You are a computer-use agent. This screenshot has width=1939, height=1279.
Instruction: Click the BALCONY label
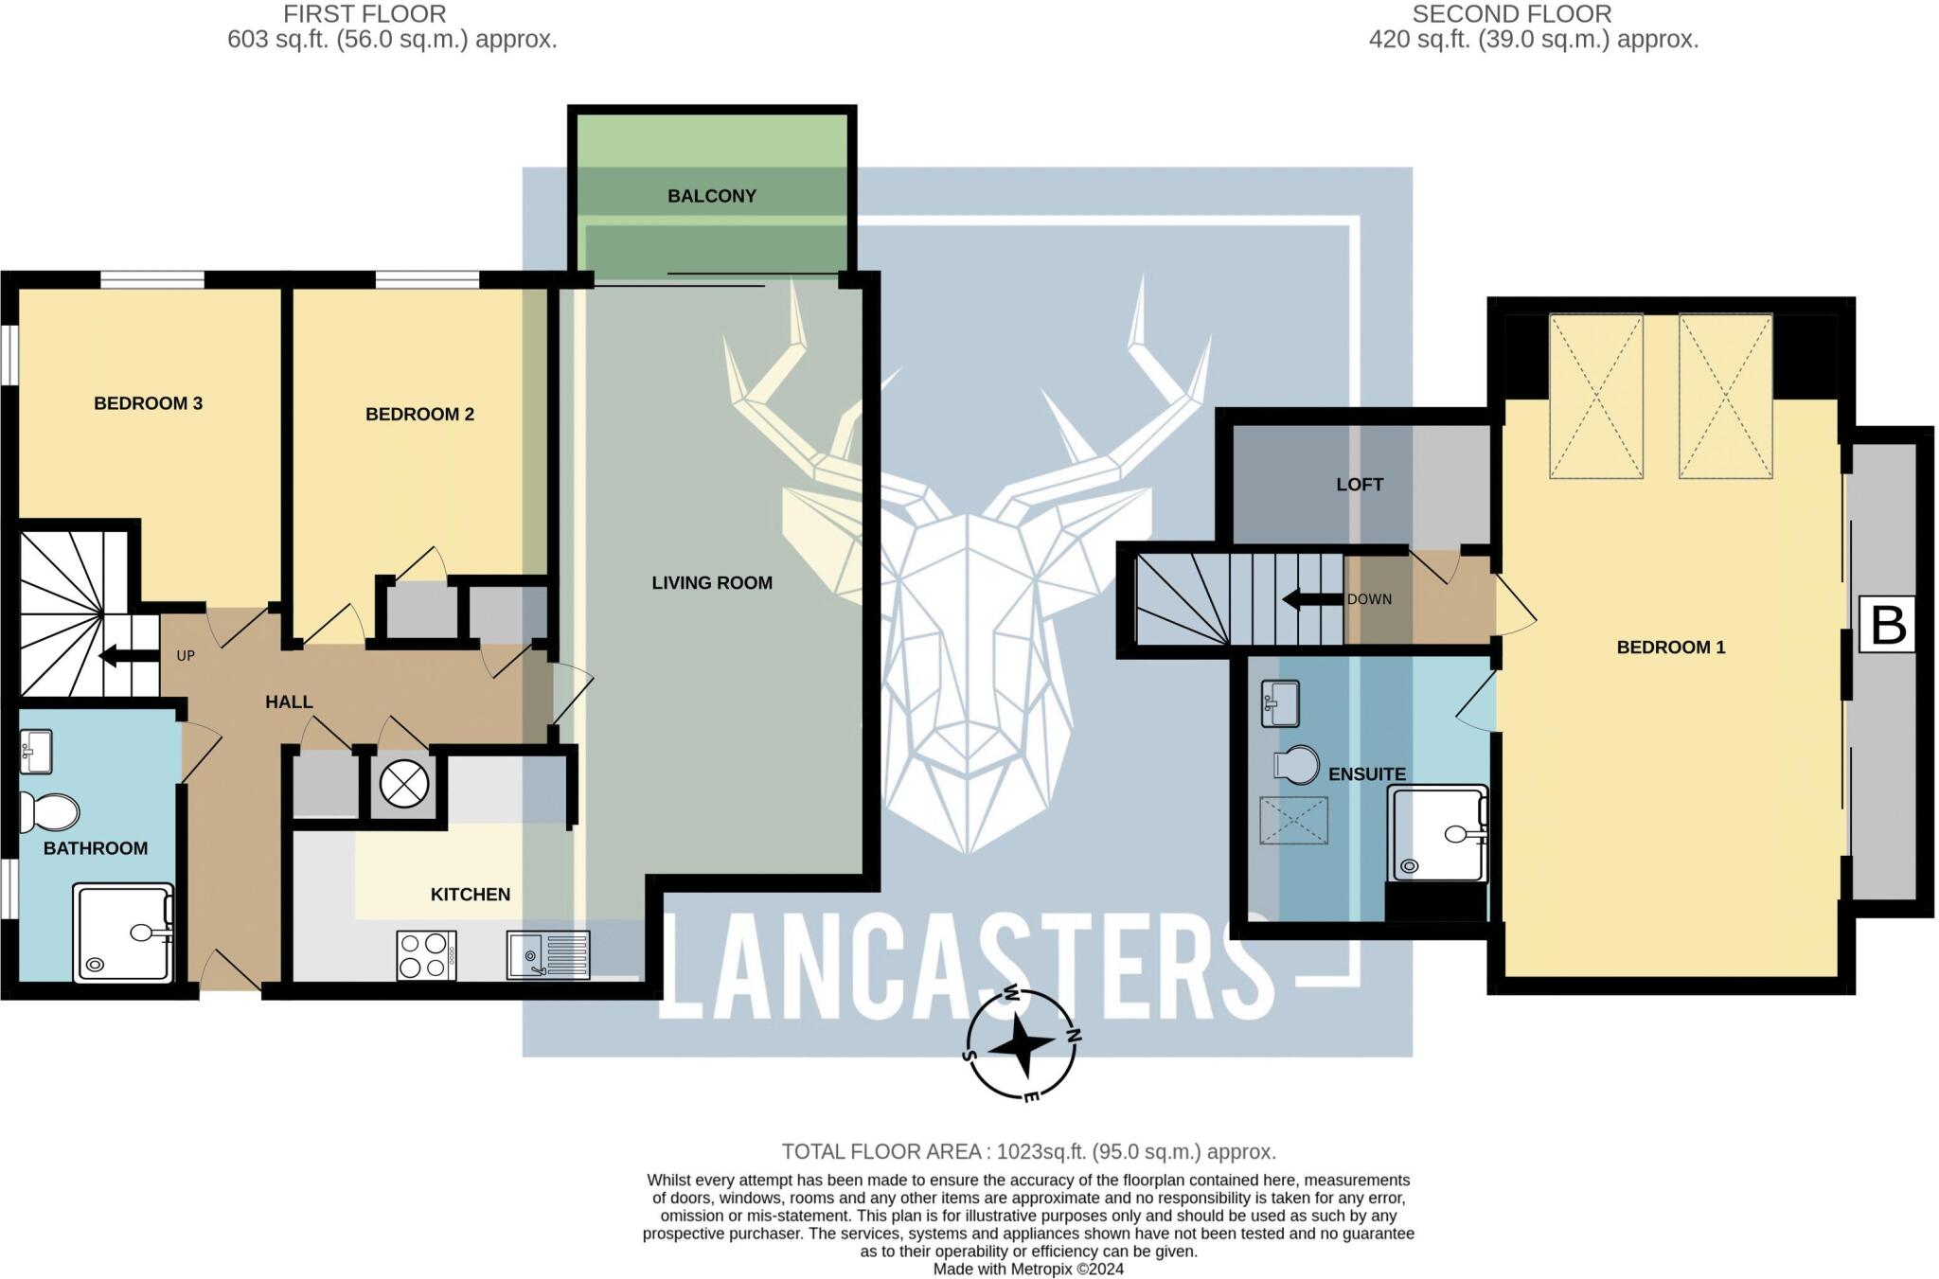click(x=711, y=196)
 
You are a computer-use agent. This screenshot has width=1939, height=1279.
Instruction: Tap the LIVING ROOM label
click(x=712, y=583)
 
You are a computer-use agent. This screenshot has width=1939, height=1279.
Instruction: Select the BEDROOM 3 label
click(x=148, y=403)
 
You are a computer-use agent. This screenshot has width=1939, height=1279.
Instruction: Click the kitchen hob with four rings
click(x=425, y=955)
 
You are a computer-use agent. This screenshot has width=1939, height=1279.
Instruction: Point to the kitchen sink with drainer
click(x=547, y=954)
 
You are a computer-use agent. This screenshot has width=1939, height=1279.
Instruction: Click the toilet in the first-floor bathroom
click(x=51, y=812)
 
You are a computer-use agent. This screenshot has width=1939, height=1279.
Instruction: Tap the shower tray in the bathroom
click(x=123, y=933)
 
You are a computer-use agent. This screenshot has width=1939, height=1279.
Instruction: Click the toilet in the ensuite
click(x=1298, y=765)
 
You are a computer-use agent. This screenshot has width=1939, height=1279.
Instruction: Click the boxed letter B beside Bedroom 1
click(x=1887, y=625)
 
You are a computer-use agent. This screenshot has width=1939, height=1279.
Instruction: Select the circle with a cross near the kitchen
click(x=404, y=784)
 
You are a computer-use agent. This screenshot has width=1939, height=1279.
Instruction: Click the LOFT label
click(x=1360, y=485)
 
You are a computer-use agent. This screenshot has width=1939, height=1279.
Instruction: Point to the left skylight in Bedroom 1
click(x=1595, y=397)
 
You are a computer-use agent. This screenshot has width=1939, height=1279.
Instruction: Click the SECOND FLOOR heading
click(x=1511, y=14)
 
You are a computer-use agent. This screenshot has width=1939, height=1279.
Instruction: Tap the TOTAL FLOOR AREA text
click(x=1028, y=1151)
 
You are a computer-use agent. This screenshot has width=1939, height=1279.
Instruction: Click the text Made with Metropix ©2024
click(x=1028, y=1269)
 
